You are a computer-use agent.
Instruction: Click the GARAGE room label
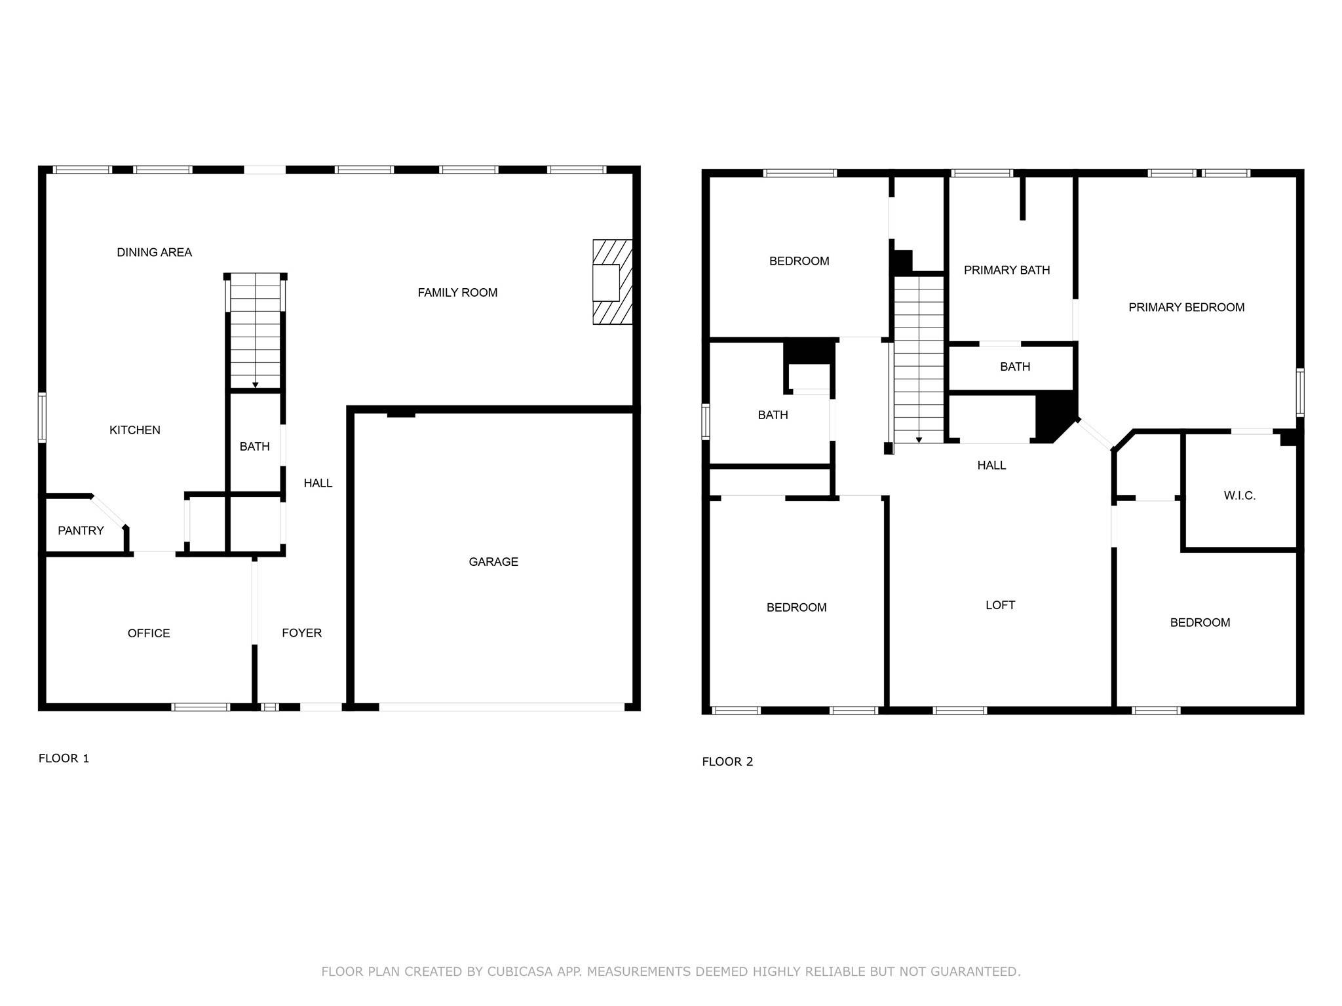tap(493, 561)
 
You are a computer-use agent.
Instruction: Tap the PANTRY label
tap(81, 531)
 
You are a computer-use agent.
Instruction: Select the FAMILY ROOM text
tap(457, 293)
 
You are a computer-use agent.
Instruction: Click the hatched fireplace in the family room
tap(613, 282)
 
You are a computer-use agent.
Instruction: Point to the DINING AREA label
tap(154, 252)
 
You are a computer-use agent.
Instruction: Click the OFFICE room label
tap(149, 633)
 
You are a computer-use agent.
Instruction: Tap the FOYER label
tap(301, 633)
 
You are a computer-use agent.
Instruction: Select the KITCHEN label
tap(134, 430)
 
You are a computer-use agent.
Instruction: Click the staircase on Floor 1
tap(256, 334)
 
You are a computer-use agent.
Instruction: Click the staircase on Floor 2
tap(919, 360)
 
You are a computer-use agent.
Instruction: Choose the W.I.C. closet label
tap(1239, 496)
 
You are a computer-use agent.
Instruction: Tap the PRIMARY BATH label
tap(1006, 270)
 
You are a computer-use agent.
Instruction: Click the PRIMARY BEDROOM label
tap(1186, 307)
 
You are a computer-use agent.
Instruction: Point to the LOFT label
tap(1000, 605)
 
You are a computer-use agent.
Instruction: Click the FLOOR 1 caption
tap(64, 758)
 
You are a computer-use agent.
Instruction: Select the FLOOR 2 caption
tap(727, 762)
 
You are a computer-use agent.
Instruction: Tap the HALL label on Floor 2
tap(991, 465)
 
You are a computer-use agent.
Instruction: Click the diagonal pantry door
tap(108, 512)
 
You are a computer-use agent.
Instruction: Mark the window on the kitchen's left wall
tap(42, 417)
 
